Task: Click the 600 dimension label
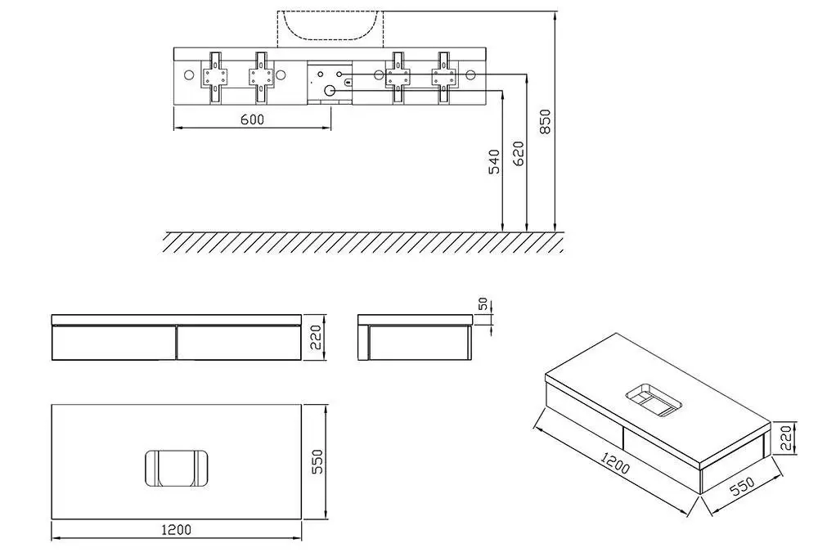[253, 119]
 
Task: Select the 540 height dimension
[494, 162]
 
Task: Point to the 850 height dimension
[545, 122]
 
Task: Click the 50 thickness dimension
[483, 304]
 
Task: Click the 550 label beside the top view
[317, 461]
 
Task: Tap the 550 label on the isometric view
[741, 486]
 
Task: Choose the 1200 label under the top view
[177, 530]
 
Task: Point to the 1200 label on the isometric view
[615, 463]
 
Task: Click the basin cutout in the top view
[177, 468]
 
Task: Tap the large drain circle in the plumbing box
[329, 91]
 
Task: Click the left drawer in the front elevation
[115, 343]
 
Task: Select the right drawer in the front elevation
[240, 343]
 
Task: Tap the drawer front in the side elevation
[420, 343]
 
